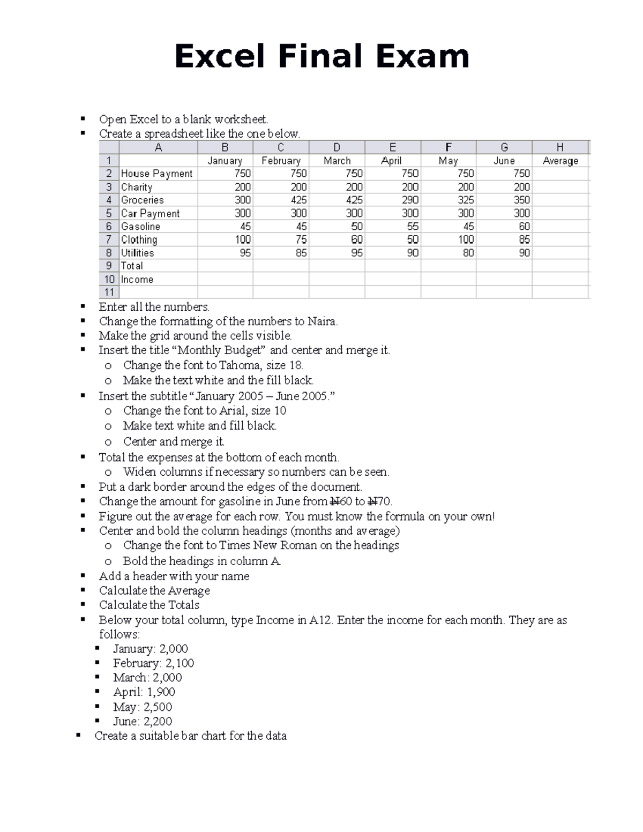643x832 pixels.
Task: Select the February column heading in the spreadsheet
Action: point(281,161)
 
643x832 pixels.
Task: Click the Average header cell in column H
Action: point(560,161)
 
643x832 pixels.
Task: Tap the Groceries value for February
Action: point(298,200)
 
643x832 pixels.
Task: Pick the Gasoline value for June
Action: point(524,226)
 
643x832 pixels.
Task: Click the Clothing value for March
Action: point(356,239)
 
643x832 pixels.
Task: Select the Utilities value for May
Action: point(468,253)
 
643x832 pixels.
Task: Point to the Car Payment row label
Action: point(150,213)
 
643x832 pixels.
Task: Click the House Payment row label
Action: point(156,174)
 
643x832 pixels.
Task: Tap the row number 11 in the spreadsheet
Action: point(109,292)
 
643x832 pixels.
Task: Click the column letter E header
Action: point(393,147)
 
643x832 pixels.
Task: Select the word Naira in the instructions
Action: point(322,321)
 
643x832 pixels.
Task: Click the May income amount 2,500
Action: point(158,707)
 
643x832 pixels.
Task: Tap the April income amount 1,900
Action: point(161,692)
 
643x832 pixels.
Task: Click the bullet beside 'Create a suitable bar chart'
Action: point(79,735)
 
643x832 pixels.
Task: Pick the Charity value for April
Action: point(410,187)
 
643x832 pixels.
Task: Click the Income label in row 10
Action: point(137,279)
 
